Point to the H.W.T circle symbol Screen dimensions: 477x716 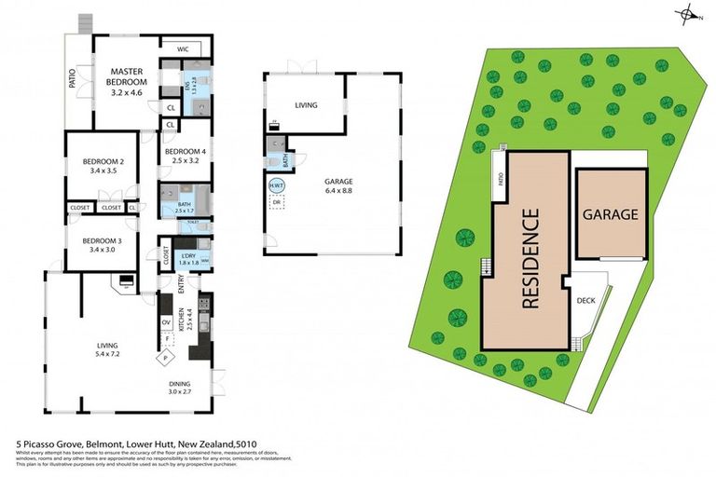[276, 184]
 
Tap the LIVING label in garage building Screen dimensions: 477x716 [306, 105]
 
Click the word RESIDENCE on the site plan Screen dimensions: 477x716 [530, 258]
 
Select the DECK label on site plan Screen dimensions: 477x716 [585, 301]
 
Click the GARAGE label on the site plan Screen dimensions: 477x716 [611, 214]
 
